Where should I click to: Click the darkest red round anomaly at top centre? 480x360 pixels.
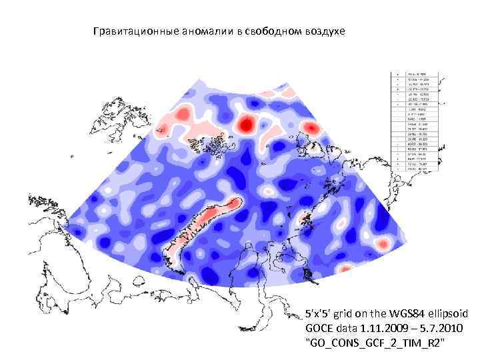246,124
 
